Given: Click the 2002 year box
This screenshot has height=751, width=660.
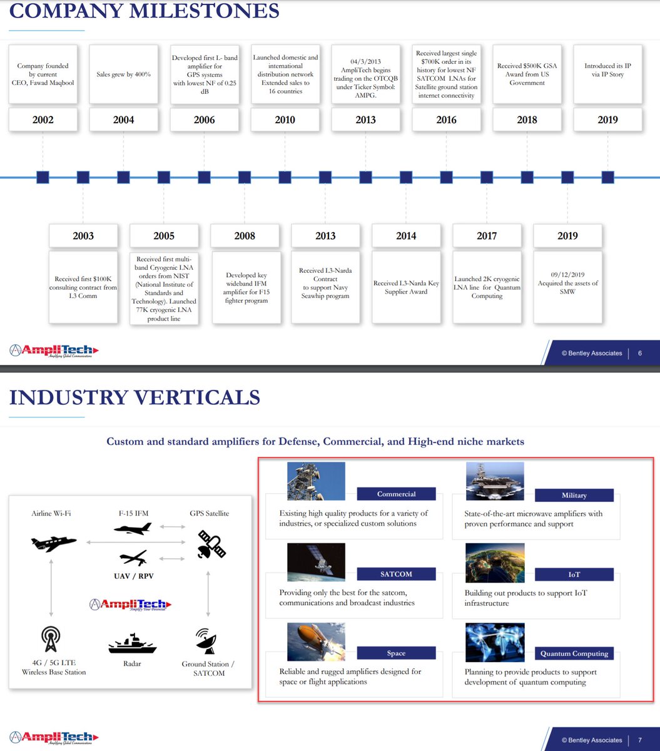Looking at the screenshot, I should coord(43,120).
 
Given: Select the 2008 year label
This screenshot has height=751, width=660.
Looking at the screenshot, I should coord(245,236).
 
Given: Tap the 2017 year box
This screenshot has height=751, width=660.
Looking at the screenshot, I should coord(487,236).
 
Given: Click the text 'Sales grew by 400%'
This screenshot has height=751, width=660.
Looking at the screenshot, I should coord(124,74).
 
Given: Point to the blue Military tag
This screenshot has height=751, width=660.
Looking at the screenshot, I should coord(574,495).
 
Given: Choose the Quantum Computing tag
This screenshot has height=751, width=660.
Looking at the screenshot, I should coord(574,653).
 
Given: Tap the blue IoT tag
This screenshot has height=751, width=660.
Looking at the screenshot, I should coord(574,575).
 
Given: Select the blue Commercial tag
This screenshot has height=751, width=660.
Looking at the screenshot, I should coord(396,494).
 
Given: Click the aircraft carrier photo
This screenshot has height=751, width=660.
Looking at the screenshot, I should coord(495,481).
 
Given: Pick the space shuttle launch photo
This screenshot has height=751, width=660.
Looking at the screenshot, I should coord(316,641).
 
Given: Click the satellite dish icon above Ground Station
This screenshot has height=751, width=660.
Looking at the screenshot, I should coord(208,641).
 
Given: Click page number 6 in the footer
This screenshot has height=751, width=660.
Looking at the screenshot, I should coord(640,353).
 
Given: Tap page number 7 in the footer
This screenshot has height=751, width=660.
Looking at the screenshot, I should coord(640,740).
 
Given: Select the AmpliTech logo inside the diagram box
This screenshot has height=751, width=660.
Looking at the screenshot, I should coord(130,605).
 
